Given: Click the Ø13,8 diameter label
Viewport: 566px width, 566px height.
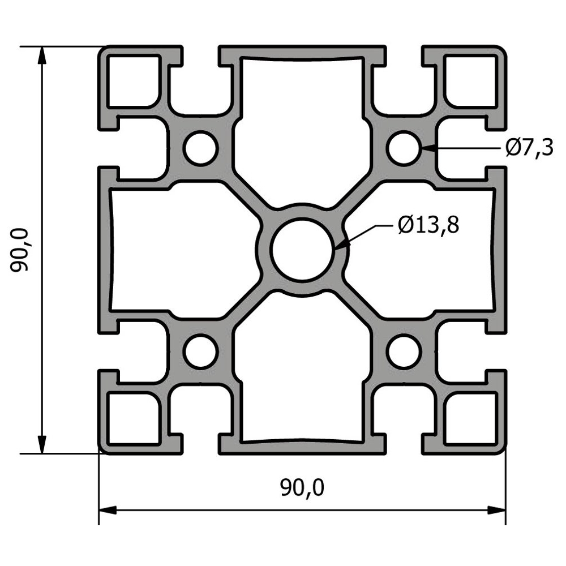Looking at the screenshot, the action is (428, 225).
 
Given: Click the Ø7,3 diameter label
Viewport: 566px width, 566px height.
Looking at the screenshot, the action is (529, 148).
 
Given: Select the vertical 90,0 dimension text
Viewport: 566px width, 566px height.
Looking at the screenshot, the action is (19, 250).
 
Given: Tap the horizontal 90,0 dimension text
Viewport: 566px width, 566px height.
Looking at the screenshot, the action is (302, 488).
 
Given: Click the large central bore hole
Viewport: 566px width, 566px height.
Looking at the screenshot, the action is (302, 250).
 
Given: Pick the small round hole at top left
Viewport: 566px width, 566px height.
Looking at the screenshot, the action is (200, 148).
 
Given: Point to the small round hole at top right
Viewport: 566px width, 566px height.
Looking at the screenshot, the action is (404, 148).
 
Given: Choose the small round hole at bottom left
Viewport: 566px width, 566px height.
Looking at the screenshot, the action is (200, 351).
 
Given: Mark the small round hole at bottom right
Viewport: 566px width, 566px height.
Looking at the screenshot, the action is (404, 351).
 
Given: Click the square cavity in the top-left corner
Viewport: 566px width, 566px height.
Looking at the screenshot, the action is (134, 81).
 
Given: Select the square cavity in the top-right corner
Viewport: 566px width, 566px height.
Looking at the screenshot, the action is (471, 81).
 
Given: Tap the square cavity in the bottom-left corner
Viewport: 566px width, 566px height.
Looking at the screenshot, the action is (134, 418).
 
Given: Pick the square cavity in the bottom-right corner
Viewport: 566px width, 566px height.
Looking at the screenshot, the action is (471, 418).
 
